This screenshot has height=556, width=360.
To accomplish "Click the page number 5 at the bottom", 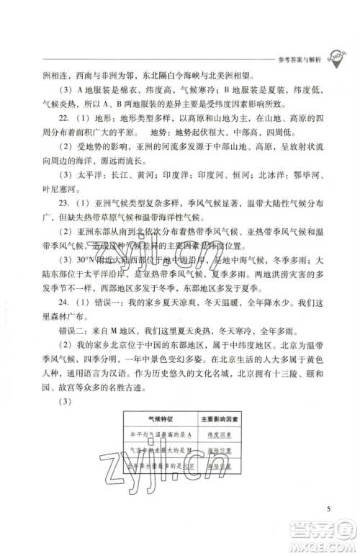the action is pos(328,510).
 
